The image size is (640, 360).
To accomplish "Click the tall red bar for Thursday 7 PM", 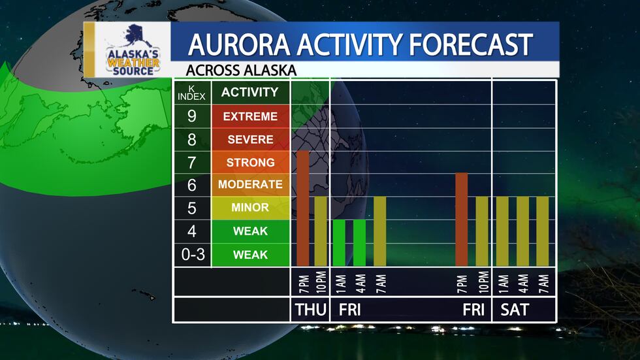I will (x=303, y=208).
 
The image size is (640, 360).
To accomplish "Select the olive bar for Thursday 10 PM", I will (x=321, y=231).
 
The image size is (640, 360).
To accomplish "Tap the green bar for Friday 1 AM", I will (x=339, y=242).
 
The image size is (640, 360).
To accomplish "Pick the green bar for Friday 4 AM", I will (x=359, y=242).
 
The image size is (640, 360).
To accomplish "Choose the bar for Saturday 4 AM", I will (x=522, y=231).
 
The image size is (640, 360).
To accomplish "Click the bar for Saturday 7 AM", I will (x=543, y=231).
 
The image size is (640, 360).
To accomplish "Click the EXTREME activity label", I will (x=249, y=117).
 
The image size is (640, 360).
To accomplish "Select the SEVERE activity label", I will (x=249, y=140).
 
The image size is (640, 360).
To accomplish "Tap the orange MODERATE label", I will (x=249, y=185).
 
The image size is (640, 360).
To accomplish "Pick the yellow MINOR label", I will (x=249, y=208).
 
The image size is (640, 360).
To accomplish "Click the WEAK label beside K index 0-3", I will (x=249, y=254).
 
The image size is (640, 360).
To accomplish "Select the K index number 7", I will (x=192, y=162).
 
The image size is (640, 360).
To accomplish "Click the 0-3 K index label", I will (x=192, y=254).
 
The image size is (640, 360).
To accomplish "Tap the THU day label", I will (x=310, y=310).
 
